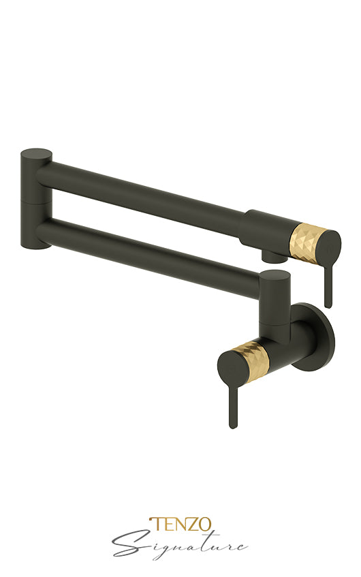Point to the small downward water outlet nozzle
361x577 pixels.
pos(274,256)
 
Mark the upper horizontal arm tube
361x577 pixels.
pos(143,193)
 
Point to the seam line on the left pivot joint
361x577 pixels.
pos(35,202)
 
